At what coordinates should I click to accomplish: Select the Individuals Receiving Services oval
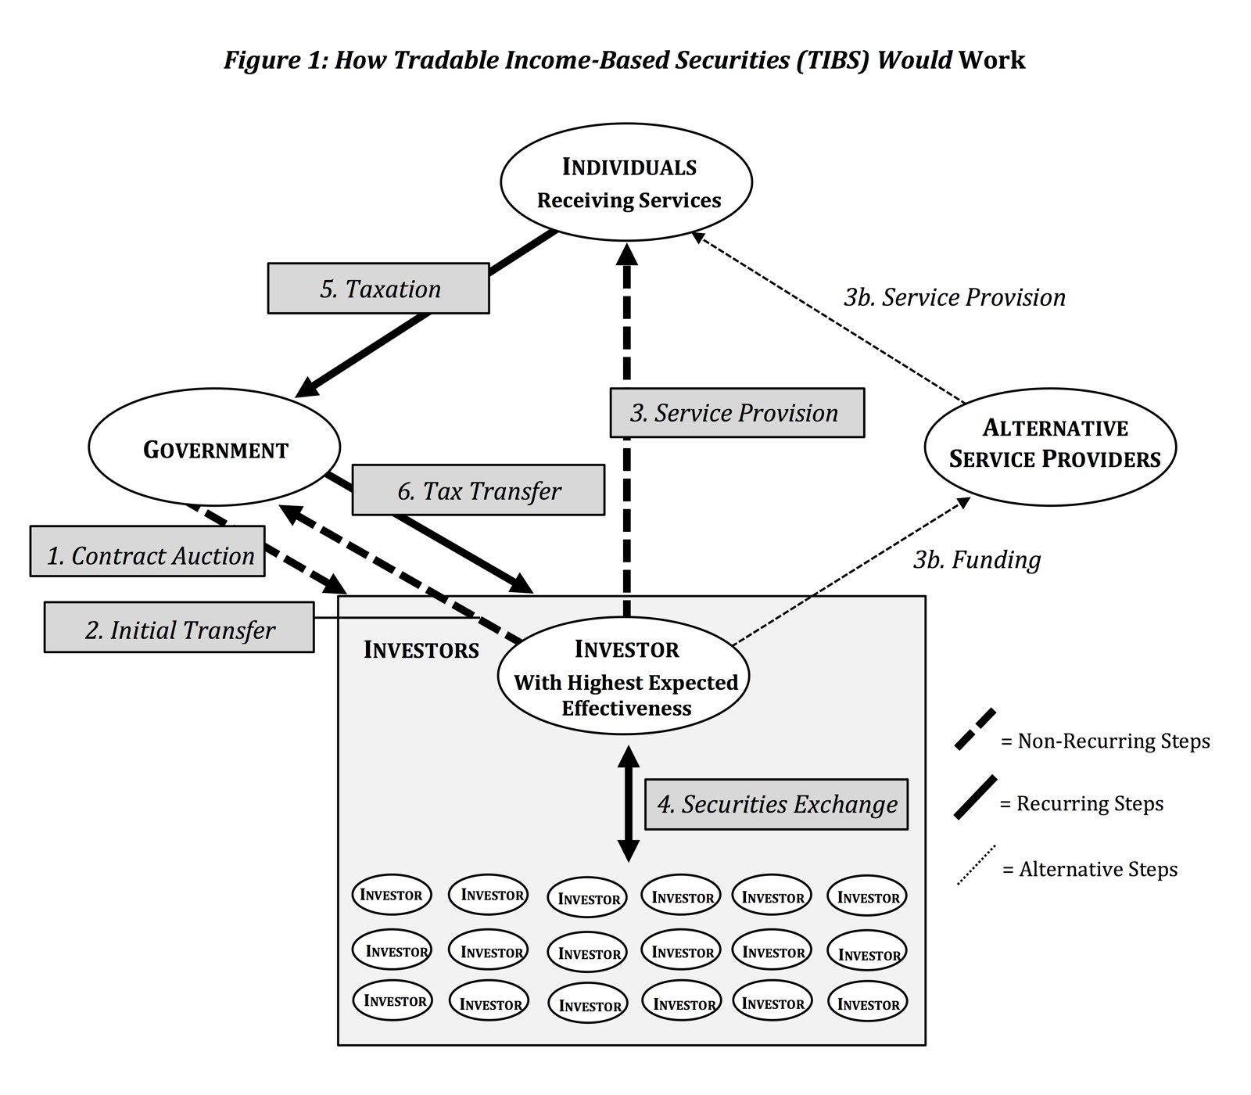[626, 182]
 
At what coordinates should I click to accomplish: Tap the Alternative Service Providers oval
[1050, 445]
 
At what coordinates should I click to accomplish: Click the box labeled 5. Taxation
[378, 289]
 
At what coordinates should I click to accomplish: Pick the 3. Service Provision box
[737, 413]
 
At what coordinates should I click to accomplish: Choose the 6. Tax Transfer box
[479, 490]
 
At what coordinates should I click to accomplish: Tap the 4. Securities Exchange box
[776, 804]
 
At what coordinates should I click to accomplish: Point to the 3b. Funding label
[977, 560]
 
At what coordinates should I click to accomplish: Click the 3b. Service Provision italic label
[955, 297]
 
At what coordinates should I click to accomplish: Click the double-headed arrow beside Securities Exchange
[629, 804]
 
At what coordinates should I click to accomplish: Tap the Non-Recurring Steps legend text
[1106, 741]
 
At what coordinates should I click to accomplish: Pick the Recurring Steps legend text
[1082, 804]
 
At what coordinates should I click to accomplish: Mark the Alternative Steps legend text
[1090, 869]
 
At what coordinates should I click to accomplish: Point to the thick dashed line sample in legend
[976, 730]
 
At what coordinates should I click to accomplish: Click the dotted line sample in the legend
[977, 865]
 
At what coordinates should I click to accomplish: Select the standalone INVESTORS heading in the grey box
[421, 650]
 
